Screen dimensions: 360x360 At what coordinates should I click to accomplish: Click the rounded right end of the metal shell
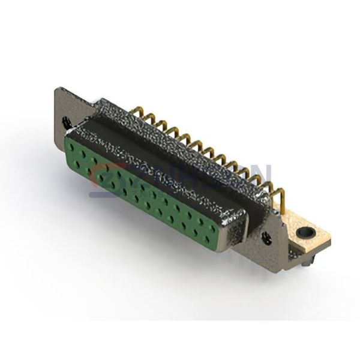click(237, 231)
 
